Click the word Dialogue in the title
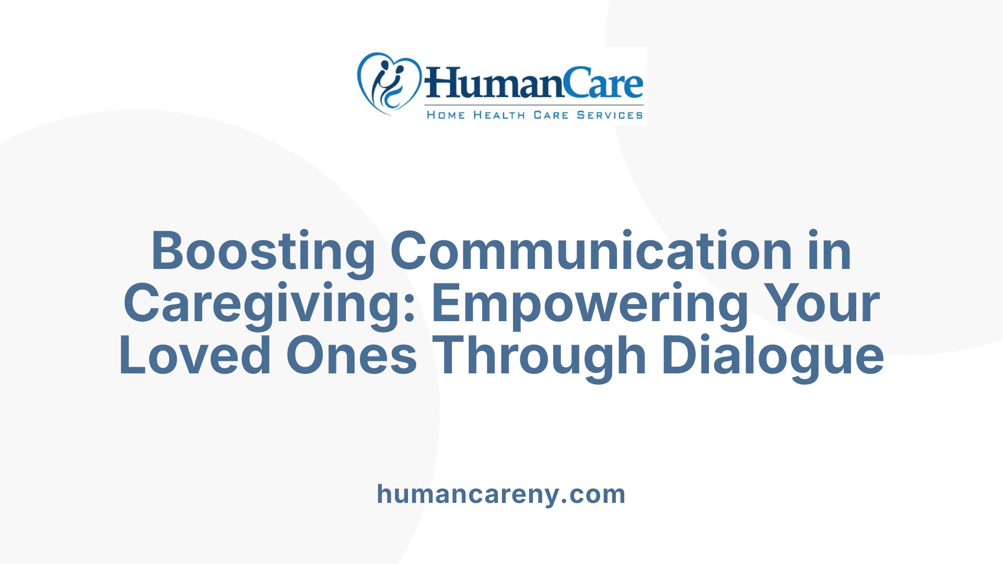point(773,356)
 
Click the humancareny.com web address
point(501,494)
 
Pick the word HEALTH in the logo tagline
point(499,115)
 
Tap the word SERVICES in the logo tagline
point(610,115)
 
